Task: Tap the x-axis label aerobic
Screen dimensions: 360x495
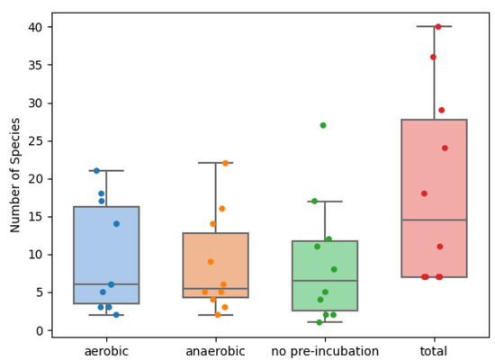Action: [x=106, y=349]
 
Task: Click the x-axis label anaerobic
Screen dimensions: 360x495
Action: [x=216, y=349]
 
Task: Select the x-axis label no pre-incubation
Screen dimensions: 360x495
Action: [x=325, y=349]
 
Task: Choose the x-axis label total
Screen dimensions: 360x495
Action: [x=434, y=349]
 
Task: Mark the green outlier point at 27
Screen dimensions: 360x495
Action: [x=323, y=125]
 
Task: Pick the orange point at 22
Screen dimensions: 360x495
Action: [x=225, y=163]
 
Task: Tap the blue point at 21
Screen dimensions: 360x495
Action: [x=96, y=171]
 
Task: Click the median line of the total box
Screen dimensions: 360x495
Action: [x=434, y=220]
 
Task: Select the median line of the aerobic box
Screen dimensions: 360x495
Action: [x=106, y=284]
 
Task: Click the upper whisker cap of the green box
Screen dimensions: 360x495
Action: [x=325, y=202]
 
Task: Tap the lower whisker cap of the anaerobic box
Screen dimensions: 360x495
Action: [x=216, y=315]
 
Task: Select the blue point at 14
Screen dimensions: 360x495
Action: [x=116, y=224]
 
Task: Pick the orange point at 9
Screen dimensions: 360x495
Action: [x=211, y=262]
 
